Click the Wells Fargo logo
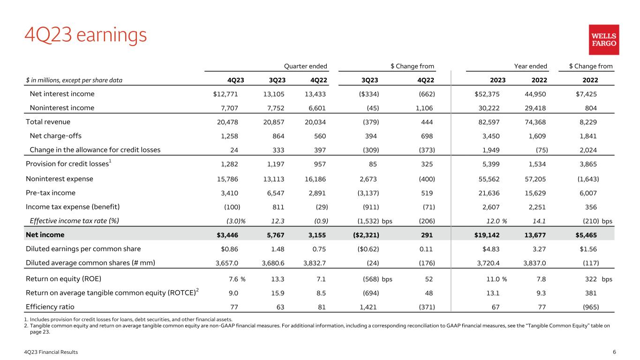coord(603,40)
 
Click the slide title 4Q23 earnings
coord(86,35)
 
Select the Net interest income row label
coord(62,94)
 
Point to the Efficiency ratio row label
coord(50,307)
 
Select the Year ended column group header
coord(530,66)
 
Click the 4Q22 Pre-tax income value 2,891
coord(316,193)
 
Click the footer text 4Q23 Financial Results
coord(52,352)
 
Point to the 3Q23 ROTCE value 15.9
coord(278,293)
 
